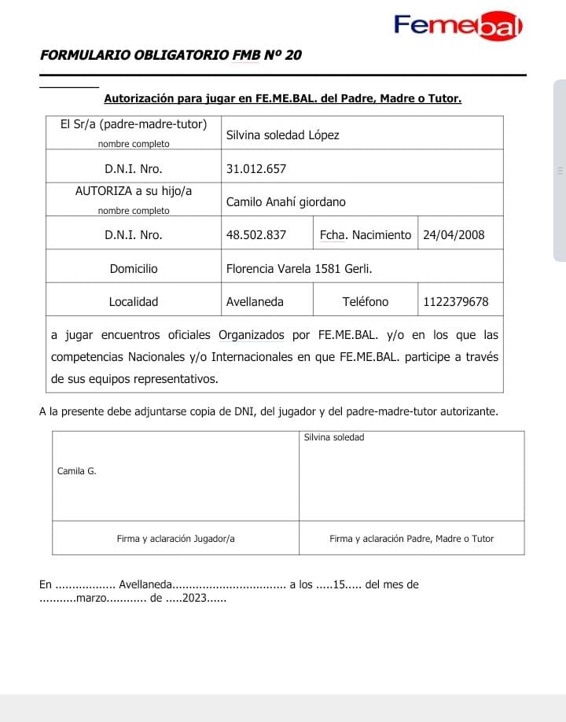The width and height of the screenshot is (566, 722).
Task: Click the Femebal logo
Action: (458, 27)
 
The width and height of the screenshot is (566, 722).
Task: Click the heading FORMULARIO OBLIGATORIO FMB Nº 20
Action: (171, 55)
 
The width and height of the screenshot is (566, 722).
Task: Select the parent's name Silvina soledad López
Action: (282, 134)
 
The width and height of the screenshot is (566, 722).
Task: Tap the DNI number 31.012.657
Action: (256, 168)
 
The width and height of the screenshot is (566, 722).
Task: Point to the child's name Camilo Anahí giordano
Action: (285, 202)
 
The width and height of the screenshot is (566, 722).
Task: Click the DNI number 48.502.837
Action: (256, 234)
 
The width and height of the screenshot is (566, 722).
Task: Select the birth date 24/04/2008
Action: (454, 234)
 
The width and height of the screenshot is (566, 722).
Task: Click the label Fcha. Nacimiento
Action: (366, 234)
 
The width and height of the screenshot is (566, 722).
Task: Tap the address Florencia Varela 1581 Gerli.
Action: (299, 268)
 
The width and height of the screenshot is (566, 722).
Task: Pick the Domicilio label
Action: (134, 268)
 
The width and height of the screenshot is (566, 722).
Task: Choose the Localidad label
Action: (134, 301)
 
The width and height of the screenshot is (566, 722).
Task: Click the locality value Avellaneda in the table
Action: (255, 301)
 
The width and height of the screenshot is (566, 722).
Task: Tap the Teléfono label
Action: (366, 301)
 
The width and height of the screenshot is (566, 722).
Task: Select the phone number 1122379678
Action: (456, 301)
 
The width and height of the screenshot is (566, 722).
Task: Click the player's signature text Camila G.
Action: (77, 471)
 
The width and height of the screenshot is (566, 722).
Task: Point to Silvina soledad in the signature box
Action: (334, 437)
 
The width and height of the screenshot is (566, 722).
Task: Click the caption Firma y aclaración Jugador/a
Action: (176, 539)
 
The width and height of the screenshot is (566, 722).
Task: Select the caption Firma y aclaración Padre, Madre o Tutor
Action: (411, 539)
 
